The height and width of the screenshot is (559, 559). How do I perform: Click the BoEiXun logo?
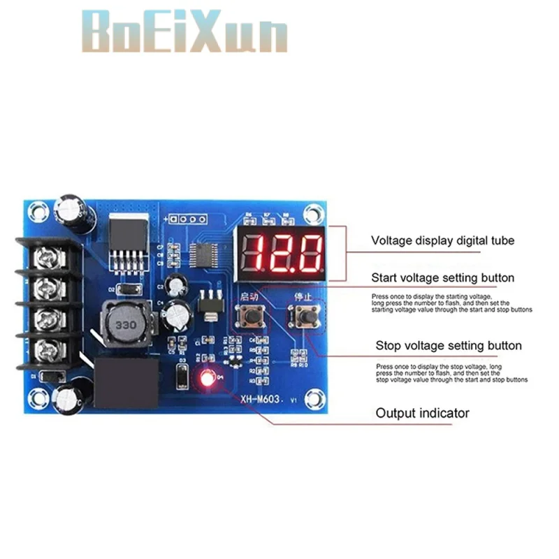[x=185, y=31]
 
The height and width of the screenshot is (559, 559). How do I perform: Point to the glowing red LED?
[x=207, y=379]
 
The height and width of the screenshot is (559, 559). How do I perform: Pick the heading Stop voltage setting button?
[x=449, y=345]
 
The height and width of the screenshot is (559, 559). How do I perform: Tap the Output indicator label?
[x=423, y=413]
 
